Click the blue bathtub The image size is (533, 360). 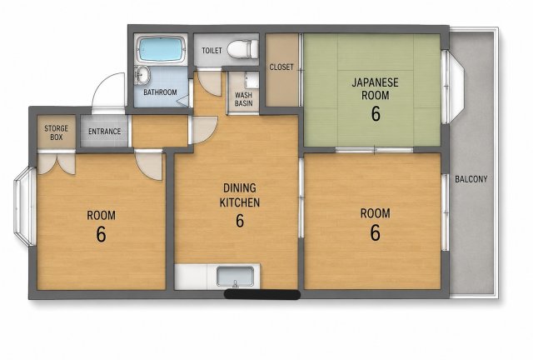161,49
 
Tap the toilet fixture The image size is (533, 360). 242,49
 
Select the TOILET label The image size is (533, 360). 212,51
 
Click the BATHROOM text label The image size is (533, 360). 160,92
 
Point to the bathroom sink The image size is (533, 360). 142,74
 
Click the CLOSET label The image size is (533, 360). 281,67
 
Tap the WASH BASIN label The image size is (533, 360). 244,99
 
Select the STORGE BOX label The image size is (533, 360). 56,132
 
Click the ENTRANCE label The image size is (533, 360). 105,132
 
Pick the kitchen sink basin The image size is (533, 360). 235,277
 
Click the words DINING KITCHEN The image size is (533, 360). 240,195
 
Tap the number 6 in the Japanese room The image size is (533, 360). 376,113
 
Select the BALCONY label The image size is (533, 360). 471,178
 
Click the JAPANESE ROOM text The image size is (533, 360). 376,89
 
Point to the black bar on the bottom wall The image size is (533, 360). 262,295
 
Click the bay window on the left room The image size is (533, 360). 24,206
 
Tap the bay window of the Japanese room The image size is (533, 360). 453,87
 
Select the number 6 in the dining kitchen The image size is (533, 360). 240,221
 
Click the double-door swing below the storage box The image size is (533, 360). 57,163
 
